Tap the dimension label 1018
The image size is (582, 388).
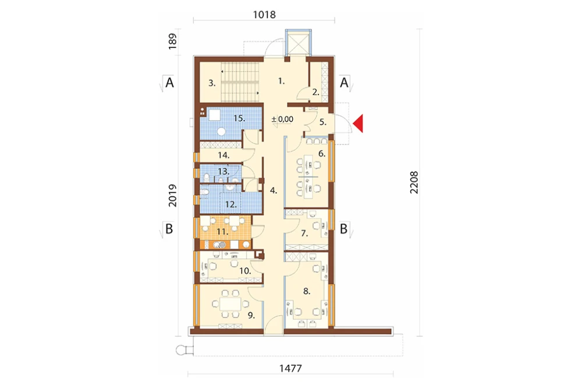coord(264,15)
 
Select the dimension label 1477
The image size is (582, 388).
coord(290,368)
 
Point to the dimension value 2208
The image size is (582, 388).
coord(414,182)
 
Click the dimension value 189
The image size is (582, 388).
coord(172,41)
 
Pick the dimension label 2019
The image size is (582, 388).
coord(173,196)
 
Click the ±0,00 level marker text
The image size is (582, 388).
coord(282,119)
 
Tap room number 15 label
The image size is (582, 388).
coord(239,118)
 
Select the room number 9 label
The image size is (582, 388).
coord(251,316)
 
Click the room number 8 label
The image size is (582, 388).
coord(307,291)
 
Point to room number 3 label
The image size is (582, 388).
coord(212,83)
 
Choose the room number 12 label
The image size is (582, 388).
coord(230,204)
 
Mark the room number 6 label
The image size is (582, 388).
coord(322,153)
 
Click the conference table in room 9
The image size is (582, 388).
coord(230,304)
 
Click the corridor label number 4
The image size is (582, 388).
coord(274,191)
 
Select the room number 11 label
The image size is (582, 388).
coord(222,232)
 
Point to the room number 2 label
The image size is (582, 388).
coord(315,92)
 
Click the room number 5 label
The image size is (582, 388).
coord(323,122)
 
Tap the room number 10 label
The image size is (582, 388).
coord(245,271)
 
